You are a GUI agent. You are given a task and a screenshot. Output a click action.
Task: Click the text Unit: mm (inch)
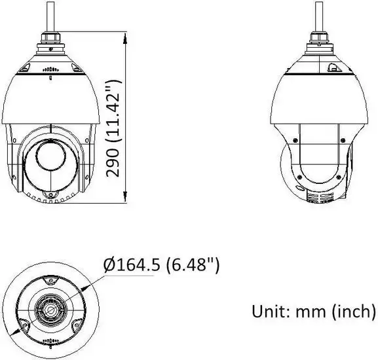pos(314,312)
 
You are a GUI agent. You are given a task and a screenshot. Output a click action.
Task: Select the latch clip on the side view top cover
pos(335,67)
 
